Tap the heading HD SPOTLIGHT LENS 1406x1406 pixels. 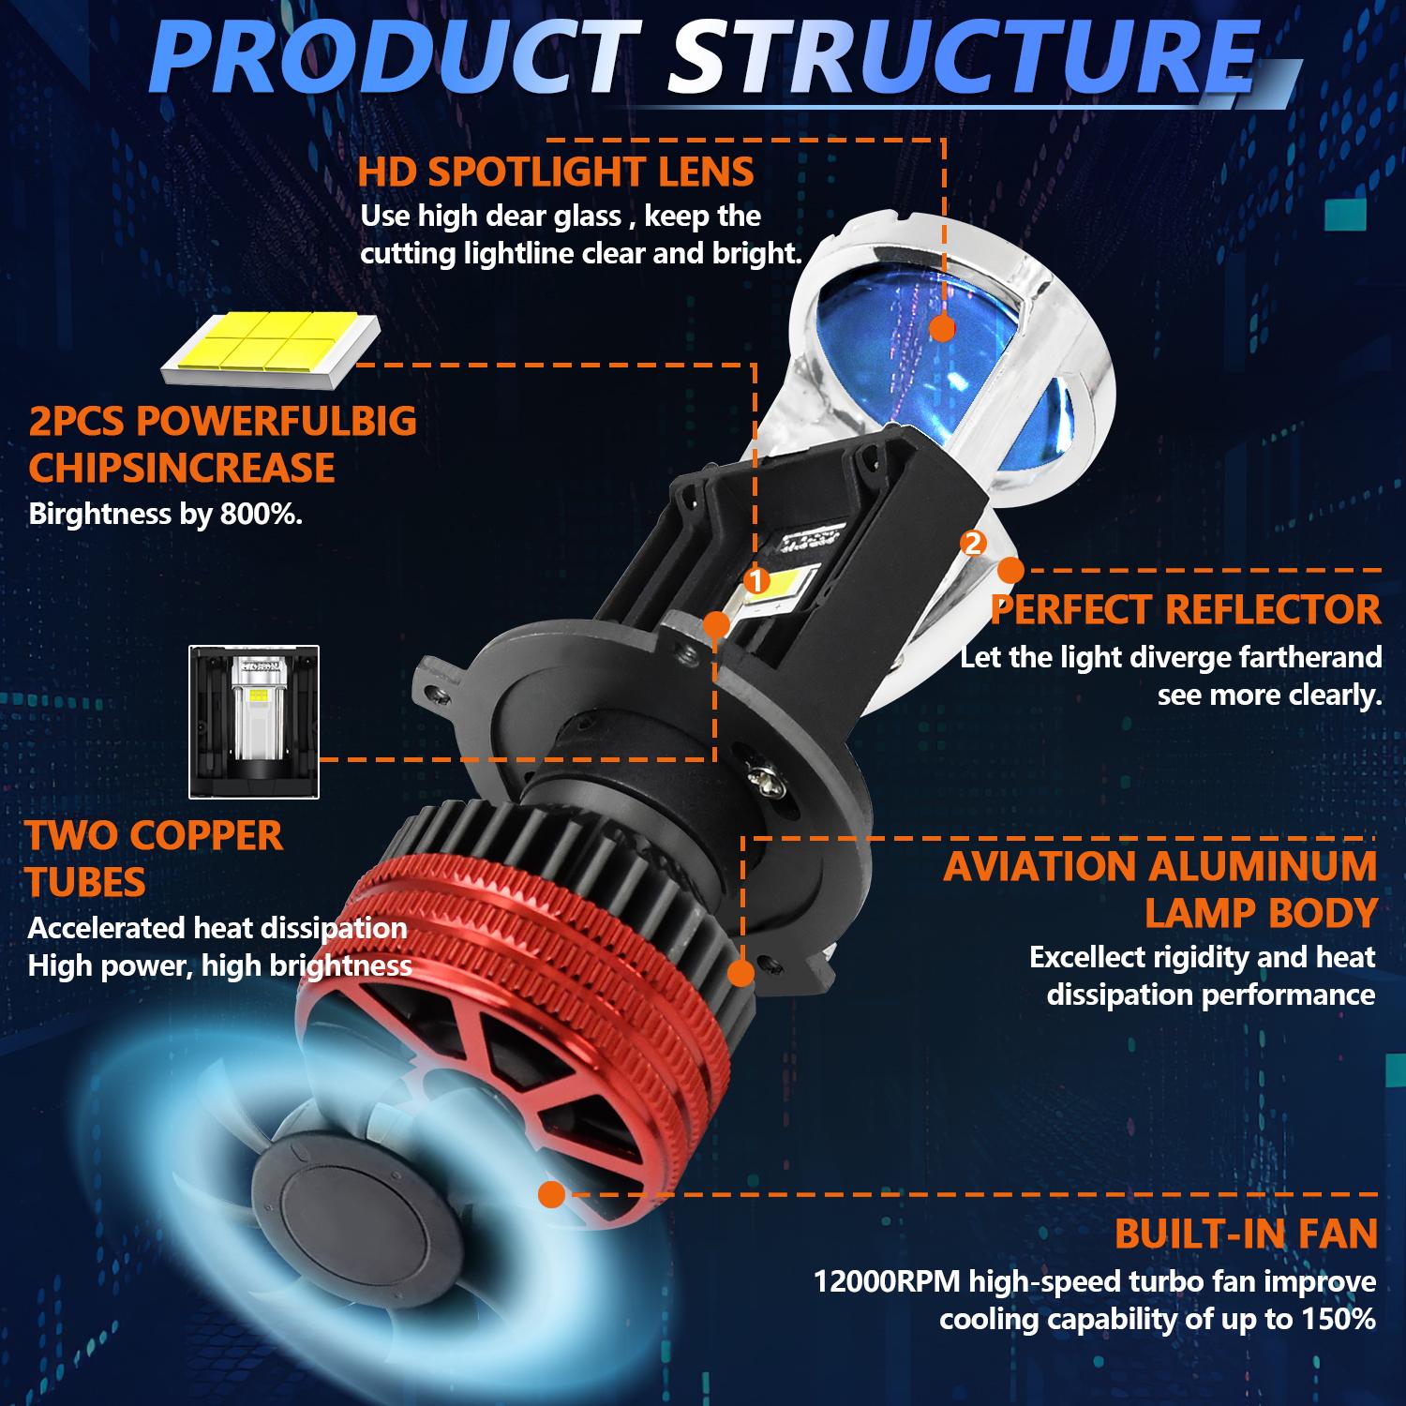(x=556, y=172)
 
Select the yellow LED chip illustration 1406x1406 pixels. (x=271, y=350)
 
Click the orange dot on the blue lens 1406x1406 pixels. (x=942, y=328)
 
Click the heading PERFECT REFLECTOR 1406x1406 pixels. (x=1186, y=609)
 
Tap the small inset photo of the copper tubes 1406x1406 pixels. (x=254, y=722)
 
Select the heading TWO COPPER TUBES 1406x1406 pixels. (x=155, y=859)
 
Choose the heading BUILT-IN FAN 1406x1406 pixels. (x=1247, y=1234)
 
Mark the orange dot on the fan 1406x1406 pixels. (x=552, y=1194)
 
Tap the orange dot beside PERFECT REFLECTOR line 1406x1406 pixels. (x=1010, y=569)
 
